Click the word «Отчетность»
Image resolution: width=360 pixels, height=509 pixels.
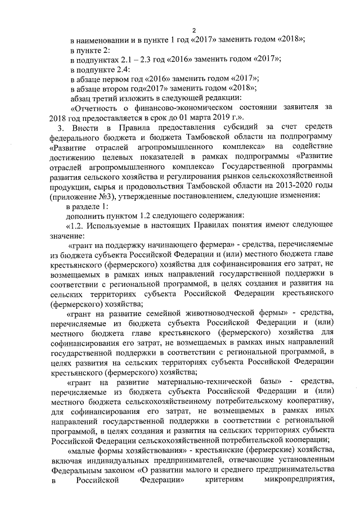point(96,107)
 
